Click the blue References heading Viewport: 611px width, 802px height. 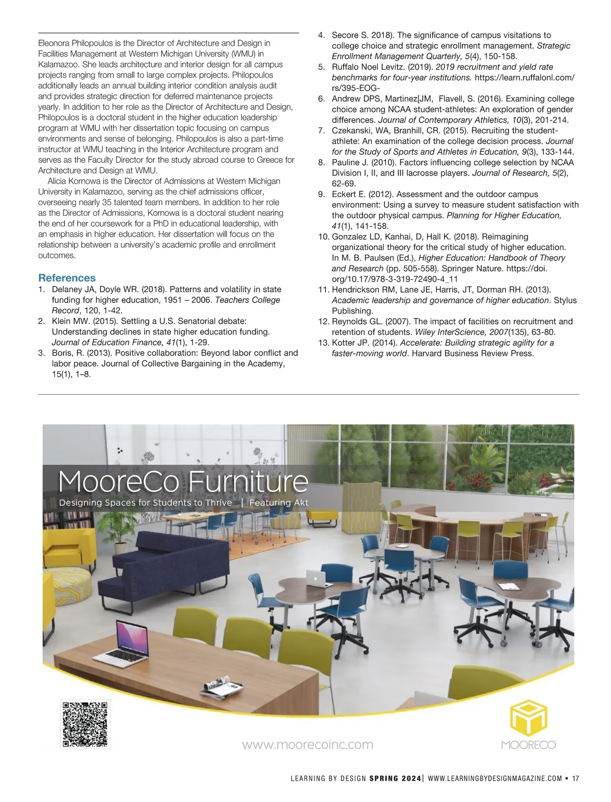(x=67, y=278)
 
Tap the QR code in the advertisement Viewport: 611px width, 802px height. (x=86, y=724)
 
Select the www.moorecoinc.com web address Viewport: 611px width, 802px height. (x=307, y=744)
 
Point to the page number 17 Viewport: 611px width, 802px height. (x=575, y=779)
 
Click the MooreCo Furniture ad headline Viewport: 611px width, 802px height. (x=183, y=481)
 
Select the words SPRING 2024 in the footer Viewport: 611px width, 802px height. (x=395, y=779)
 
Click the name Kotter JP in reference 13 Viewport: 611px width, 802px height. (x=351, y=343)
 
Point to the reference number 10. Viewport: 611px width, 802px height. (x=323, y=237)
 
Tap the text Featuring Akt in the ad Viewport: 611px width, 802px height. (x=279, y=503)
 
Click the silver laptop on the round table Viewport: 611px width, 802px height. (x=317, y=576)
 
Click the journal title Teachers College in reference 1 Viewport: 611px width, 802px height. (x=247, y=300)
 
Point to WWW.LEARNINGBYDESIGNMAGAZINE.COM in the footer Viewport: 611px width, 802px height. (x=495, y=779)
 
